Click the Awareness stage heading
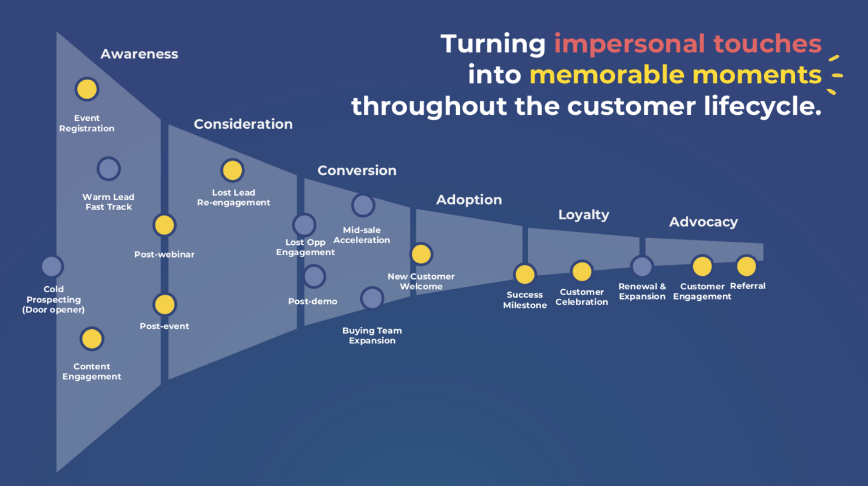point(139,54)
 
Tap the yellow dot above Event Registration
point(87,89)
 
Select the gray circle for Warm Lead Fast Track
point(109,169)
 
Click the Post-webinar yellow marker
point(164,225)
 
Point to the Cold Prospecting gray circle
point(52,266)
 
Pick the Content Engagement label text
point(92,371)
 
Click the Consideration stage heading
point(243,124)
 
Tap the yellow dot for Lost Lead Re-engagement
point(233,171)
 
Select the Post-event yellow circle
point(165,304)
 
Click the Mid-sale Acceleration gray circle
point(363,206)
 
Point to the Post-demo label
point(312,301)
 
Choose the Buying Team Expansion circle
point(372,298)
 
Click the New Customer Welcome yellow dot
point(422,255)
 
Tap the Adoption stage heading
point(469,200)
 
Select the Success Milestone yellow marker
point(525,275)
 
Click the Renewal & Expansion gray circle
point(641,266)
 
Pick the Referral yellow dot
point(746,266)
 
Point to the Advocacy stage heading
point(703,222)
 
